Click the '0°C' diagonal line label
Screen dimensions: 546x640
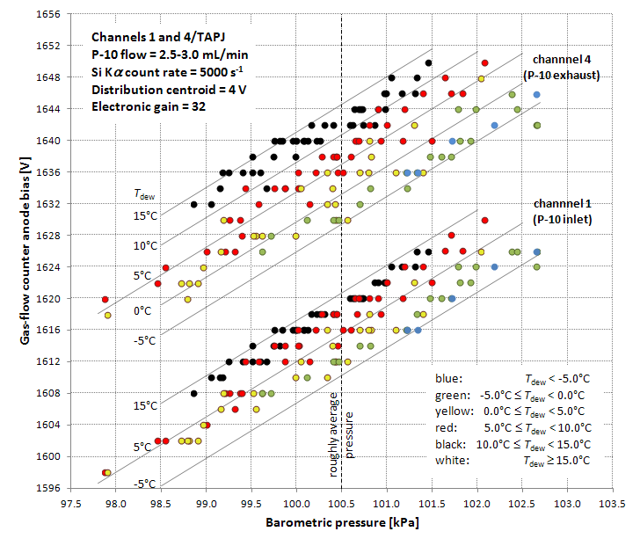click(146, 311)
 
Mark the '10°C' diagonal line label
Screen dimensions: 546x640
click(146, 246)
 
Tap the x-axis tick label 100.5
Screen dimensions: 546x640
click(341, 503)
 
